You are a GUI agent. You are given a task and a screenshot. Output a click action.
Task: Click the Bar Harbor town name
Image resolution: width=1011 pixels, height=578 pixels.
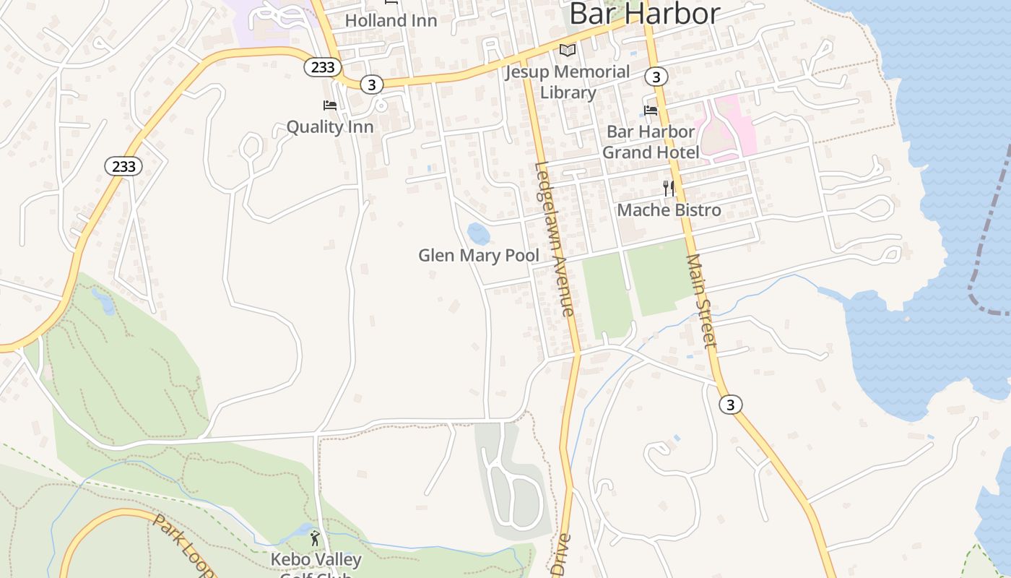(x=644, y=14)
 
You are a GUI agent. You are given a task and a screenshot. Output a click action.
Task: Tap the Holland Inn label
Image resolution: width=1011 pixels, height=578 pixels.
(x=391, y=20)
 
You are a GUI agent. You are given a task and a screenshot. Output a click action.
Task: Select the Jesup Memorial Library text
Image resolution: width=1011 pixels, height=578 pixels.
(x=568, y=82)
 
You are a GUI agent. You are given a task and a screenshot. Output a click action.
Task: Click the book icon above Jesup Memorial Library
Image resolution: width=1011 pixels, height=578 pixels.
(x=568, y=51)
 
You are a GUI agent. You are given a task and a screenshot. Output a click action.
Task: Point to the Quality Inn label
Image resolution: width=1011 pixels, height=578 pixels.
(x=330, y=127)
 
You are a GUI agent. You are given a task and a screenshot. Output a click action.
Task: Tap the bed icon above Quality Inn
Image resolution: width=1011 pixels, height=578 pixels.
(x=330, y=105)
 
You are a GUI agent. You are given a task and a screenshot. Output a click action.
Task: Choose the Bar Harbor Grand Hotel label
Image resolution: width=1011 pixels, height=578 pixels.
(x=651, y=142)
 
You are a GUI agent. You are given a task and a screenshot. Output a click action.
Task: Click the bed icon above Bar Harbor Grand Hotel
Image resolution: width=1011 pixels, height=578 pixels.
(x=651, y=111)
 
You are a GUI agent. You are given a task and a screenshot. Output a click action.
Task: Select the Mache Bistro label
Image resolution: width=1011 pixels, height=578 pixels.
(x=669, y=210)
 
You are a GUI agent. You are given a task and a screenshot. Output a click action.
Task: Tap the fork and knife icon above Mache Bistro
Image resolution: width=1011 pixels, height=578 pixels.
(x=669, y=189)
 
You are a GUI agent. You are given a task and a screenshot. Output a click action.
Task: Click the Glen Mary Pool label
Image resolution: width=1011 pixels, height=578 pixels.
(x=479, y=256)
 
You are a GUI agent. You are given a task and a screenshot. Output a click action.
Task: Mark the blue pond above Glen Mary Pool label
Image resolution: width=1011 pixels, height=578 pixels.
(x=478, y=234)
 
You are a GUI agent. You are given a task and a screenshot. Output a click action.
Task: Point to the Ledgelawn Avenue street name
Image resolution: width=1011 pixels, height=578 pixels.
(x=555, y=238)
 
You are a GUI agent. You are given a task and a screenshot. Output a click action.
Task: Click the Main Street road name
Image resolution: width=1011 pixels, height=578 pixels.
(x=701, y=300)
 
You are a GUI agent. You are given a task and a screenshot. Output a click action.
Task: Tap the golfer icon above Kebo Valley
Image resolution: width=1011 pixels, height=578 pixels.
(x=315, y=538)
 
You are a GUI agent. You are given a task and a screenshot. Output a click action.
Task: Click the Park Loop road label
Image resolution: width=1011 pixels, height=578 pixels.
(x=184, y=545)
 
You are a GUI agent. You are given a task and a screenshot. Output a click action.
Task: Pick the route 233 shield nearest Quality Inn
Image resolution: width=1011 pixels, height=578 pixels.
(x=322, y=67)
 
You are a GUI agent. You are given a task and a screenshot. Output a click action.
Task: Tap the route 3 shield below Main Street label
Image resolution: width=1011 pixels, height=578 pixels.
(x=731, y=405)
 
